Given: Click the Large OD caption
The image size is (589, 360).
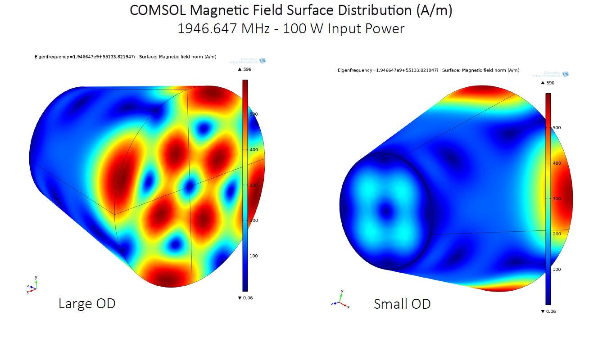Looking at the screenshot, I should pyautogui.click(x=87, y=303).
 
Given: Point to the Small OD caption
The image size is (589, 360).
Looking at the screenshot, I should pyautogui.click(x=402, y=304).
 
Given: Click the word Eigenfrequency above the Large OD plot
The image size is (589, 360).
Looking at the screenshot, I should pyautogui.click(x=50, y=57).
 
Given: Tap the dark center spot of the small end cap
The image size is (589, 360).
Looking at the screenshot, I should pyautogui.click(x=386, y=210).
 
